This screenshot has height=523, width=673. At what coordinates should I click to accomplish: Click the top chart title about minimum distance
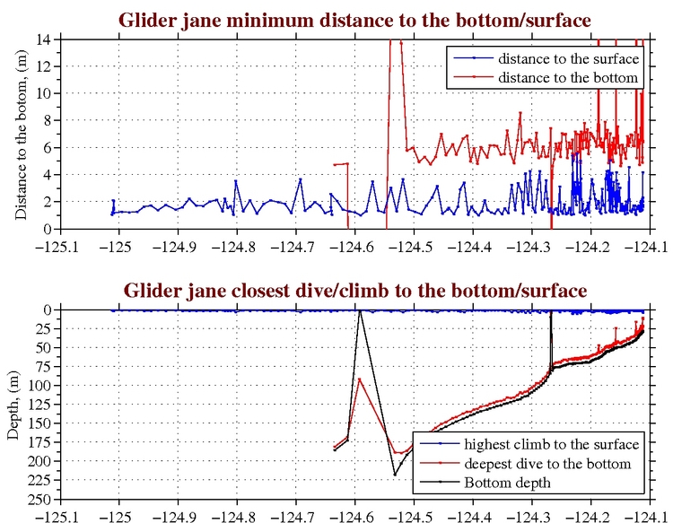coord(353,20)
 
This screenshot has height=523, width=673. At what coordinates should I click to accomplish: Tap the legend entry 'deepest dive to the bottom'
coord(546,464)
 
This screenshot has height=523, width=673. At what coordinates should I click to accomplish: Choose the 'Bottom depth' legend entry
coord(507,483)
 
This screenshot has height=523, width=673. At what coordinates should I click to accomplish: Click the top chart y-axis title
coord(20,135)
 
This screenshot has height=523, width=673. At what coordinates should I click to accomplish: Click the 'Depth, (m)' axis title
coord(12,405)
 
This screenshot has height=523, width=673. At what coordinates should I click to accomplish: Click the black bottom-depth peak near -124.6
coord(360,311)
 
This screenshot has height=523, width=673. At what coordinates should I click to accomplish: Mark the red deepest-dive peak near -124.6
coord(360,379)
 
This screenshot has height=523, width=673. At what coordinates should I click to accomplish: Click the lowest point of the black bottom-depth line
coord(394,475)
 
